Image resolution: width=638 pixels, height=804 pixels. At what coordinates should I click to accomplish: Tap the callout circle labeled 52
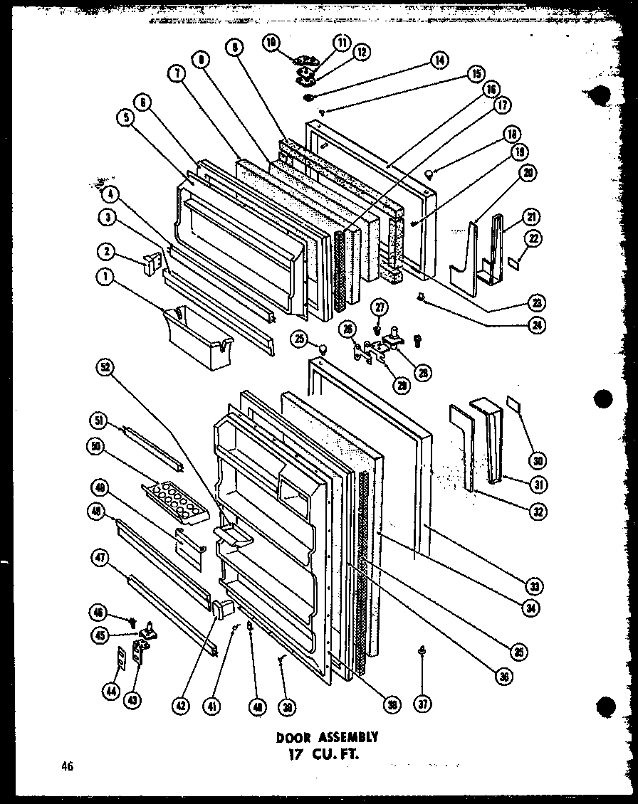pos(107,368)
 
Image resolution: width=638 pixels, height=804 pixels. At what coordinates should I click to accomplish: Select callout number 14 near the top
pos(438,61)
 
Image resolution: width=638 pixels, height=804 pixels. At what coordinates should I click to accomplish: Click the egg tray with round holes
pos(174,495)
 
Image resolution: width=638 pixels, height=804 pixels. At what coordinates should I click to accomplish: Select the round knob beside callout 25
pos(322,349)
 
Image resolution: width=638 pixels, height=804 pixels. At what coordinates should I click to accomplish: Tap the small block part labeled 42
pos(223,609)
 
